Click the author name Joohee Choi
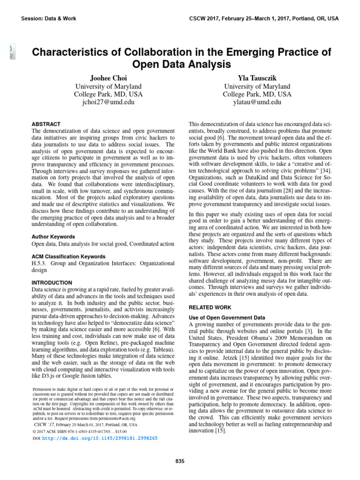108,78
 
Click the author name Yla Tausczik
257,78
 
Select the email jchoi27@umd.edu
108,102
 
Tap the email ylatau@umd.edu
257,102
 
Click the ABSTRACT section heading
45,125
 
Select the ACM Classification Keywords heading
68,257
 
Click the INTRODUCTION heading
52,283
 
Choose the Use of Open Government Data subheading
226,317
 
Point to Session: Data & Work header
49,18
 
